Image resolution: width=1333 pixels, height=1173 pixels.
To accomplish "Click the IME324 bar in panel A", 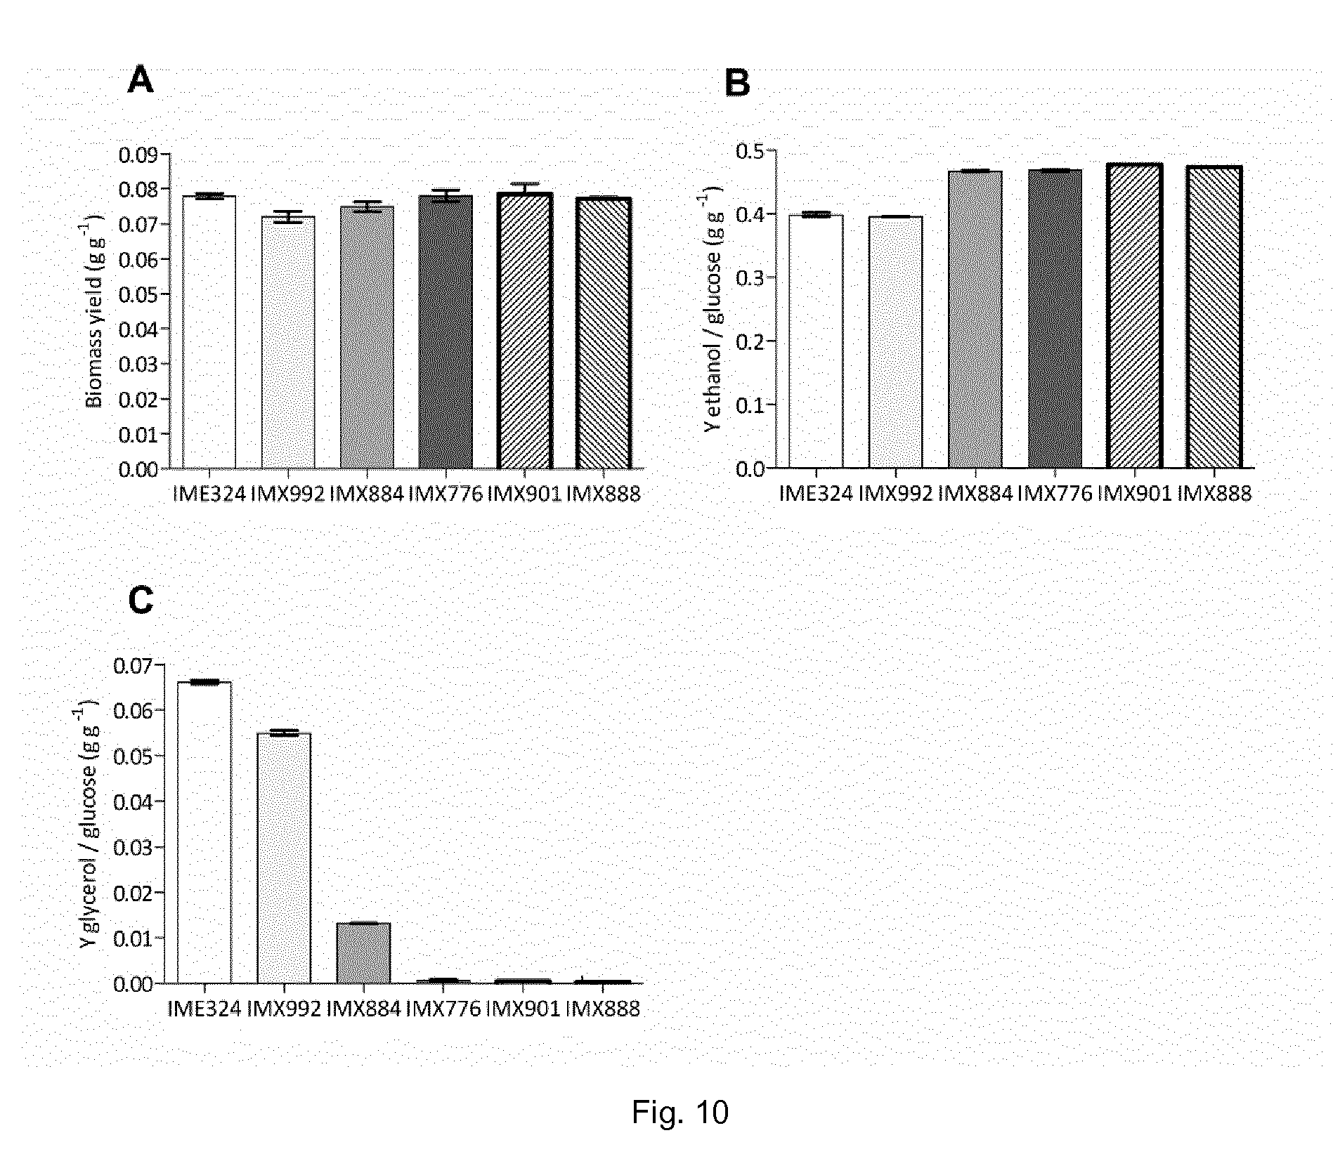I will (209, 332).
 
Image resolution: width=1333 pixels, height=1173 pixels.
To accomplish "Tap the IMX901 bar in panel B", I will (1134, 315).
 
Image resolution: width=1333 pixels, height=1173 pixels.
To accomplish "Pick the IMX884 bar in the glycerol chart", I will (363, 952).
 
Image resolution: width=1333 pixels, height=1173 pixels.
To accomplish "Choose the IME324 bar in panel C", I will (204, 832).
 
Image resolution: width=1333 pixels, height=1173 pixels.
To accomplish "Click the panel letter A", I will (140, 81).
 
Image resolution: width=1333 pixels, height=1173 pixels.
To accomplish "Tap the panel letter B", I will (737, 84).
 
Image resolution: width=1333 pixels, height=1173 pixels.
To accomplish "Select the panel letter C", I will (141, 601).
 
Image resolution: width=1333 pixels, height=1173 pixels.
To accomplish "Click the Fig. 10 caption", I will (679, 1111).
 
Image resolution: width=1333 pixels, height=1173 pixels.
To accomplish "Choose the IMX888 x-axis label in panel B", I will (1214, 494).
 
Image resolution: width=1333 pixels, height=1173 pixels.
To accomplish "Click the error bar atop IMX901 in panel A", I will (524, 188).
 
